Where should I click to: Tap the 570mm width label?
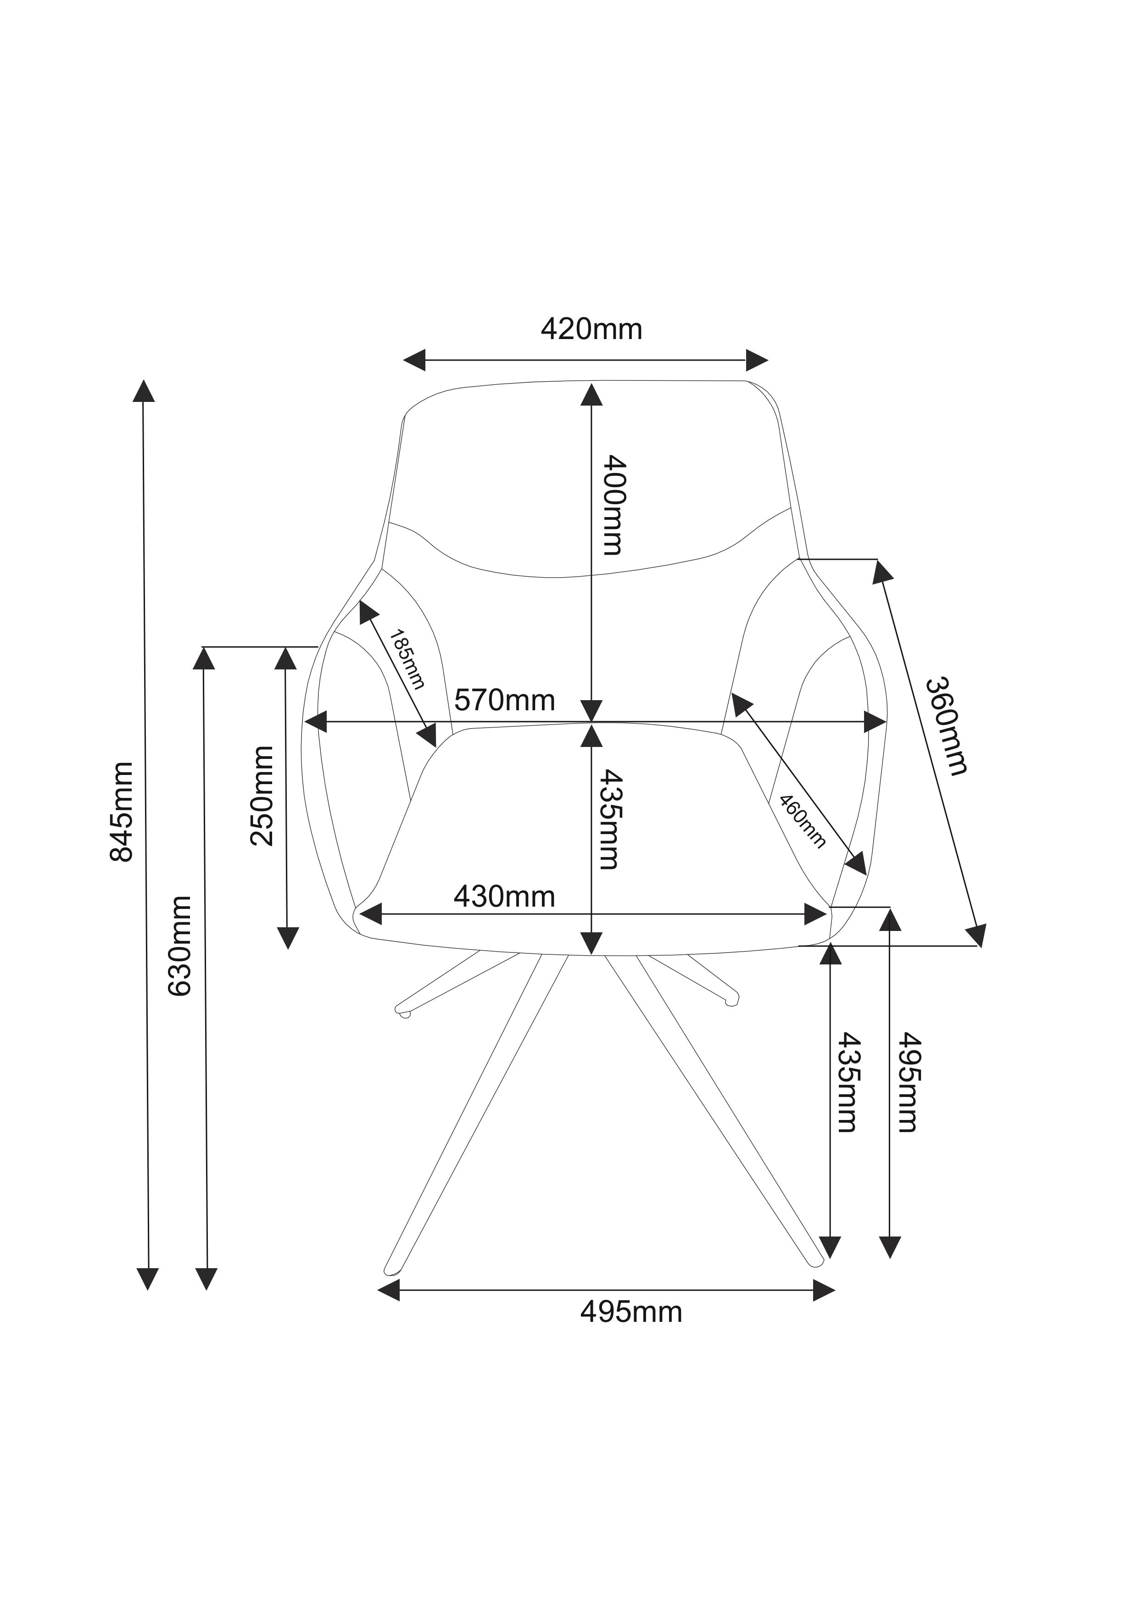(504, 700)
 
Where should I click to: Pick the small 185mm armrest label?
(407, 659)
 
